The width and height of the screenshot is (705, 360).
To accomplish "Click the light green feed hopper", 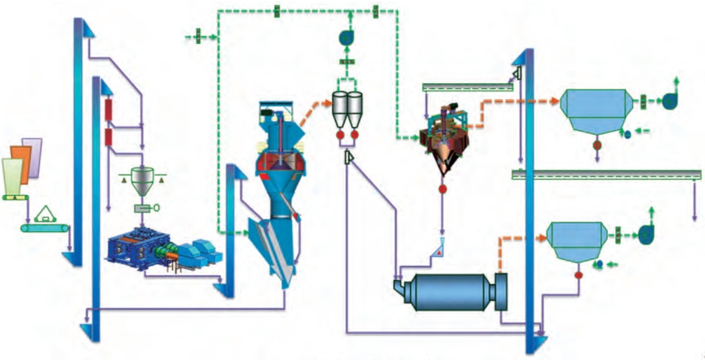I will (x=12, y=176).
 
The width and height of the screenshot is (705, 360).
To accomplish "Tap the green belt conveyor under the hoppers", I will (x=45, y=229).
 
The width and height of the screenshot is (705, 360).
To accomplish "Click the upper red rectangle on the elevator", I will (x=108, y=110).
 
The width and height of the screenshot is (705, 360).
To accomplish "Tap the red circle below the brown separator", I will (x=442, y=189).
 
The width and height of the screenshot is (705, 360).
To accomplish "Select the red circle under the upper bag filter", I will (x=597, y=145).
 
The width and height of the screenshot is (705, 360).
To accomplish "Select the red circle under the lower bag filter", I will (x=579, y=275).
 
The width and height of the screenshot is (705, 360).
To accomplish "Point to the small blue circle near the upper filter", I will (x=627, y=134).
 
